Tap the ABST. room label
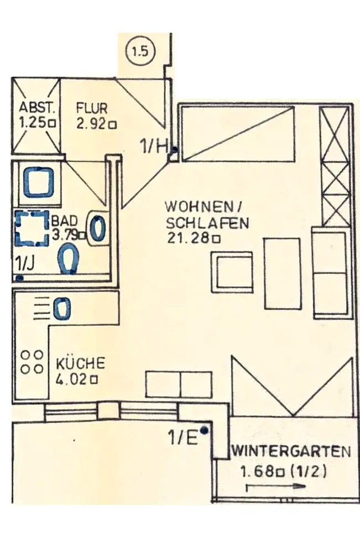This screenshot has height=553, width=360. click(x=34, y=107)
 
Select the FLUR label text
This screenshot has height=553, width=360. click(x=92, y=107)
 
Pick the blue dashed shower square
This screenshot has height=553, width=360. click(x=32, y=228)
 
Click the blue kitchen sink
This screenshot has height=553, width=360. click(x=62, y=307)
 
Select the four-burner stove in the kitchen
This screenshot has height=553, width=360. click(x=32, y=361)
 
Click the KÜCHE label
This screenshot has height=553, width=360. click(x=80, y=363)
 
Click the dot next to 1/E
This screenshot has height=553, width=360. click(x=205, y=430)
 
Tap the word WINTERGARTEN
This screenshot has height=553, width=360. click(x=291, y=451)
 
